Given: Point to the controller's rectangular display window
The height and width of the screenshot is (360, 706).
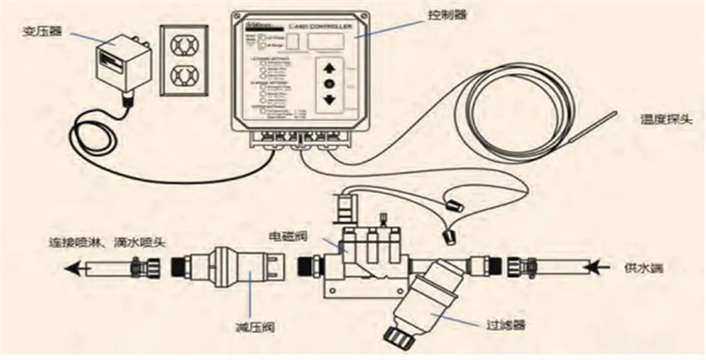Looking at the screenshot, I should pos(330,41).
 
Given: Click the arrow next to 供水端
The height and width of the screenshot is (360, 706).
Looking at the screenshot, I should pos(604,262).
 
